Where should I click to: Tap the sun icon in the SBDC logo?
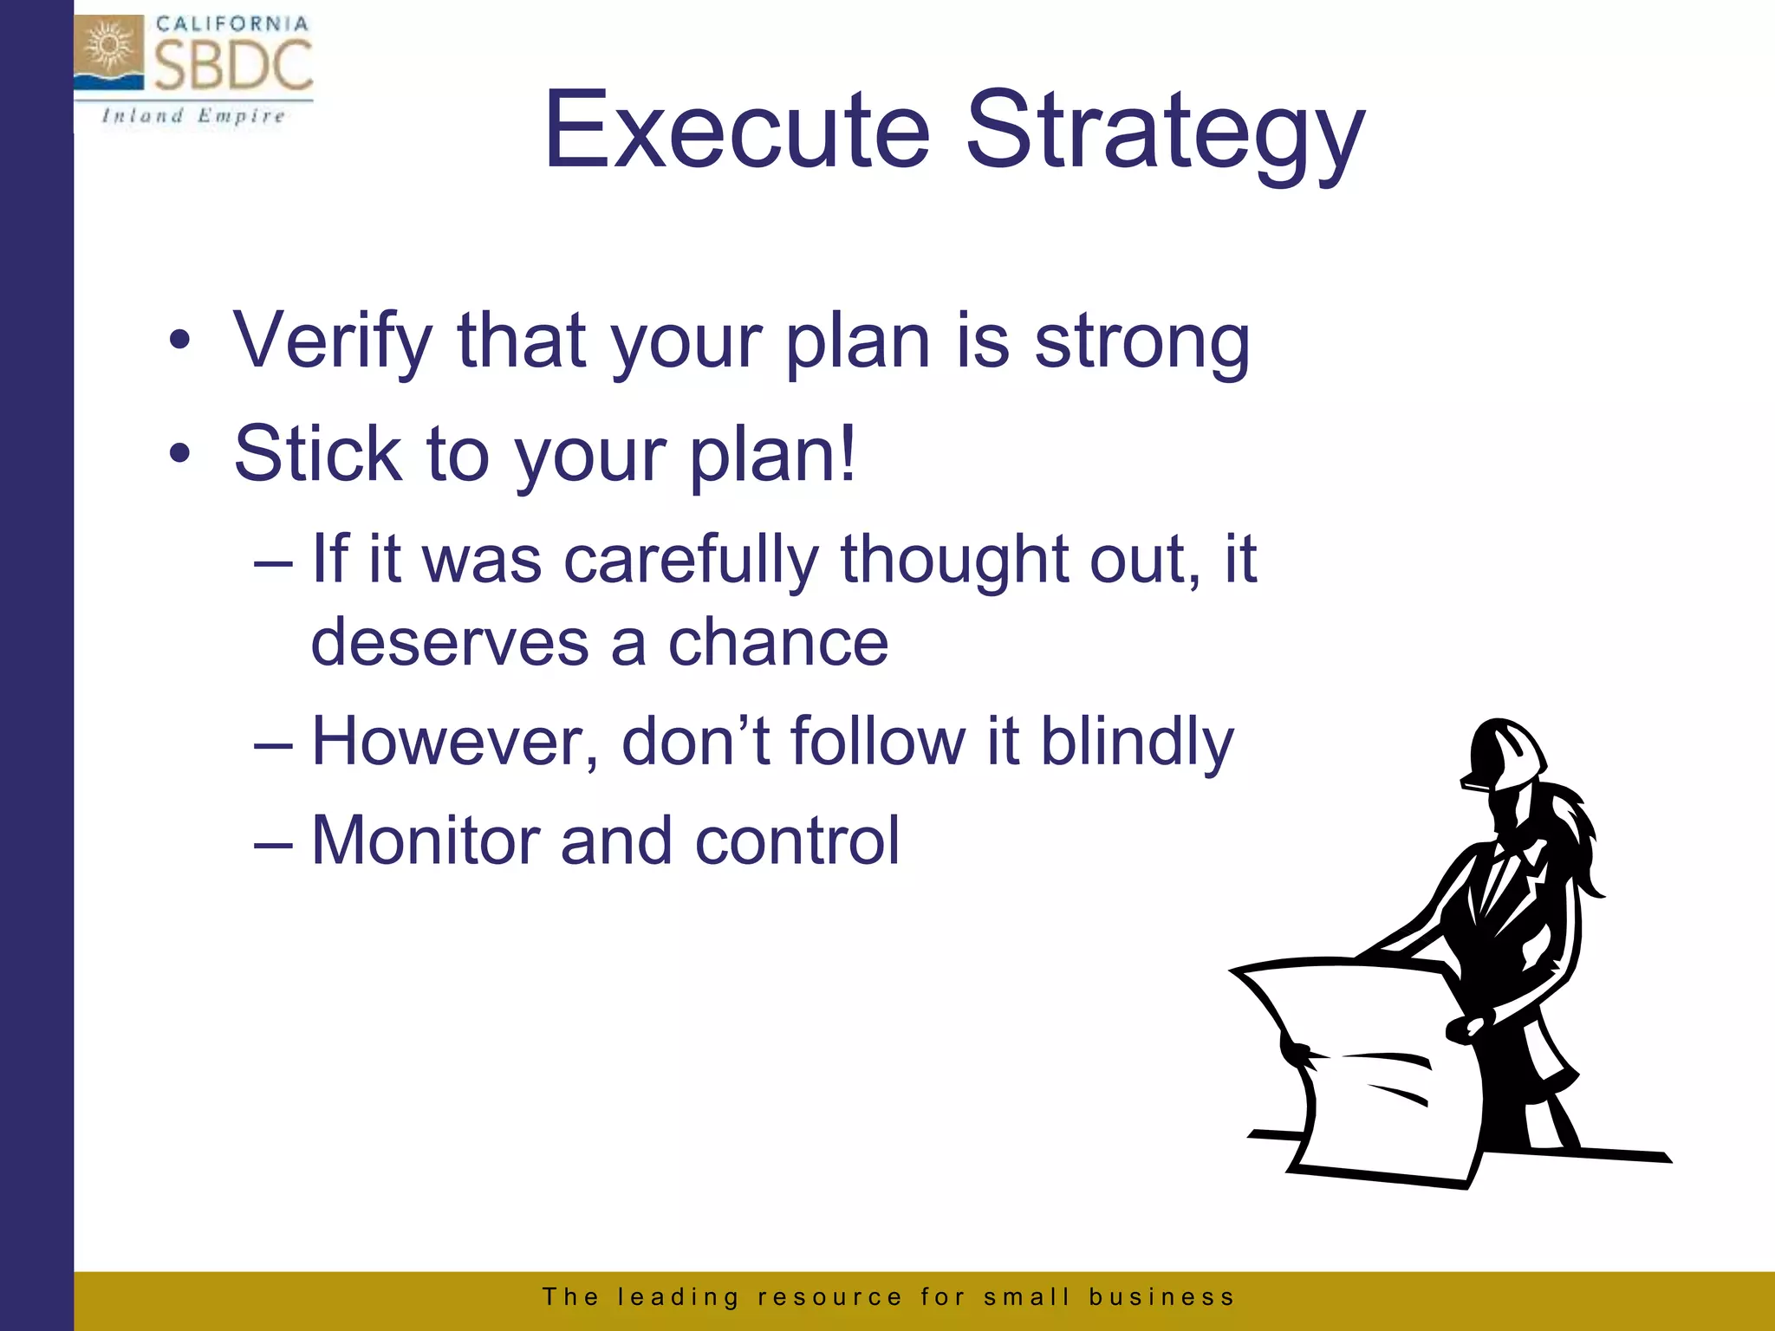[x=108, y=47]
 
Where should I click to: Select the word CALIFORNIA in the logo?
[x=232, y=23]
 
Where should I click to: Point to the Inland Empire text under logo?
[x=193, y=116]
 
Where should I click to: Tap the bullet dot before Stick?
[x=179, y=453]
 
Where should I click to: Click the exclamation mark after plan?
[x=847, y=452]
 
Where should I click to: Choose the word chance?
[x=777, y=642]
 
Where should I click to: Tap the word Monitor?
[x=425, y=841]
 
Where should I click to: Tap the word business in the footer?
[x=1161, y=1296]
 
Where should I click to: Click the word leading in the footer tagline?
[x=678, y=1296]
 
